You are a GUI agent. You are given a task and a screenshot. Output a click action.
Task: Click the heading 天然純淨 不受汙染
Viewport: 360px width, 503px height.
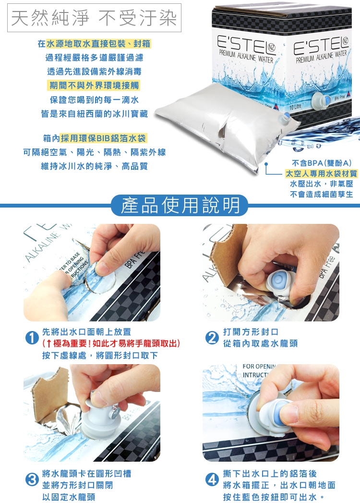94,18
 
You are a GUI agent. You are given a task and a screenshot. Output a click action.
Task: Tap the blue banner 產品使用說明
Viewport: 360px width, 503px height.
180,205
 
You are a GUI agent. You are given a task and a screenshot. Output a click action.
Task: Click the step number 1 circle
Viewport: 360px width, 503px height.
32,338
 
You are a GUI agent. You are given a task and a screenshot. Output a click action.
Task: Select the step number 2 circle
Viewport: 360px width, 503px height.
212,338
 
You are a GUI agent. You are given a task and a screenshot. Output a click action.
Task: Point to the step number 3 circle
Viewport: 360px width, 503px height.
32,479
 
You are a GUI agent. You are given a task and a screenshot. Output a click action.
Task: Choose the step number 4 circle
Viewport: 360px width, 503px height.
212,479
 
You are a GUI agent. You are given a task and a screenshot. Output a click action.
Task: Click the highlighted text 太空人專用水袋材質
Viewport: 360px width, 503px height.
321,173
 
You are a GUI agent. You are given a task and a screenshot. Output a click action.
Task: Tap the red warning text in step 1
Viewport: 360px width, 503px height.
111,344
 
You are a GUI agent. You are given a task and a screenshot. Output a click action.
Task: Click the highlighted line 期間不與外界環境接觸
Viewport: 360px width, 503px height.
94,86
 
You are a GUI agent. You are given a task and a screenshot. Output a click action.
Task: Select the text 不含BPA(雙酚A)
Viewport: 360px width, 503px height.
322,163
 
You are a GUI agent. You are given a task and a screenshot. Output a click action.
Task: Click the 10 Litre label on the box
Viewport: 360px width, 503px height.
295,107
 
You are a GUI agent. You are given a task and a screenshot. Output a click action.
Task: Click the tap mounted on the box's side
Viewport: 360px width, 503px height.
322,100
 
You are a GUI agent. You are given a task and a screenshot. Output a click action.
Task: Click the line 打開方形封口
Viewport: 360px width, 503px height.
251,331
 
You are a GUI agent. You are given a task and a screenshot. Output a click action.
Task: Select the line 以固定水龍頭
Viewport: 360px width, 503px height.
69,497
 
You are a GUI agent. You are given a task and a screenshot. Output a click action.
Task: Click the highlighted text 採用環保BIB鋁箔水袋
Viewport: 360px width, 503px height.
104,138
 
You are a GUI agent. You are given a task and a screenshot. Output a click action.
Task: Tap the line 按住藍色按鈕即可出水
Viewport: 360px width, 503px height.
274,497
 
